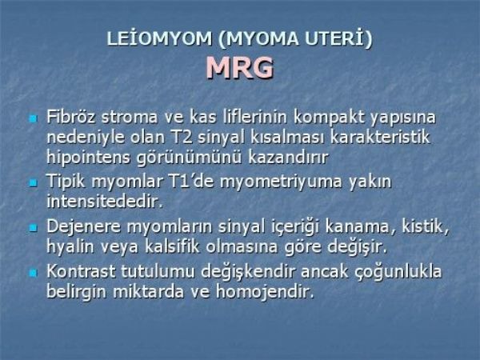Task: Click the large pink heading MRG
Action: point(240,68)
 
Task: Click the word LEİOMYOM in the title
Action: point(159,39)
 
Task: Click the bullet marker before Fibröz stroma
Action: point(33,118)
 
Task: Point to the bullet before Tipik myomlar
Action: point(33,183)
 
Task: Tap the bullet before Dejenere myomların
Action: point(33,228)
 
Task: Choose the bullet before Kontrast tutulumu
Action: point(33,273)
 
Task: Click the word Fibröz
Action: point(70,117)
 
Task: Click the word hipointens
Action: point(89,158)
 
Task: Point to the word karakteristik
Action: point(379,137)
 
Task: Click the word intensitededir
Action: point(104,202)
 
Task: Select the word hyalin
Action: point(70,246)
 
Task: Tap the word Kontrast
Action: point(81,271)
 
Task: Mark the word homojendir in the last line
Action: point(265,291)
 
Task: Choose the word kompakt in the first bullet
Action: point(329,117)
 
